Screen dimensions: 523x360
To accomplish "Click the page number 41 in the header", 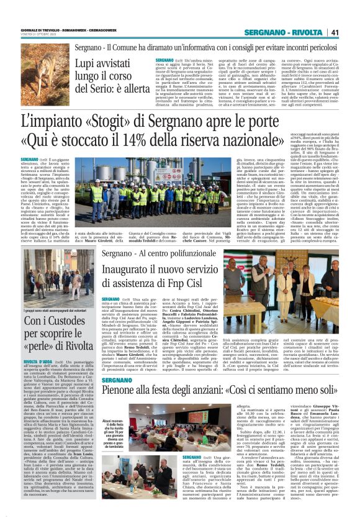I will coord(334,32).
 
